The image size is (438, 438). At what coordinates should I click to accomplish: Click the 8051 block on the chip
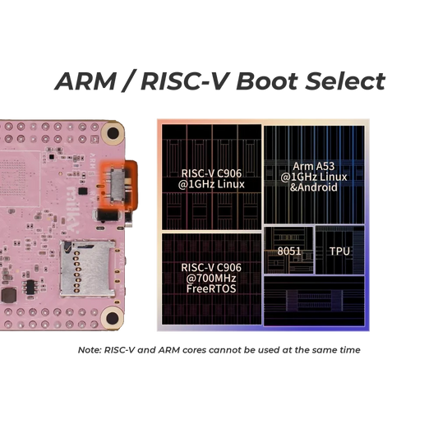(288, 251)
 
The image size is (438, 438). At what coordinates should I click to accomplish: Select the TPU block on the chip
(339, 251)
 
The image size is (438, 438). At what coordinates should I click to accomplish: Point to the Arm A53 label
(315, 165)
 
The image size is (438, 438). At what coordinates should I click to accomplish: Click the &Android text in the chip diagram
(315, 188)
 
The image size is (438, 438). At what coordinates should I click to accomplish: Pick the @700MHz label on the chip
(210, 278)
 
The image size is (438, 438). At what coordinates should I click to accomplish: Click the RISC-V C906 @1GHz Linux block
(210, 178)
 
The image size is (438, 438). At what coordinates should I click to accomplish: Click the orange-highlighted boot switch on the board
(118, 180)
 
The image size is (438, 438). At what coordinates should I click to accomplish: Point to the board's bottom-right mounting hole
(112, 317)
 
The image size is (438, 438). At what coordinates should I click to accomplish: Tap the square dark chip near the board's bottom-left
(30, 288)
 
